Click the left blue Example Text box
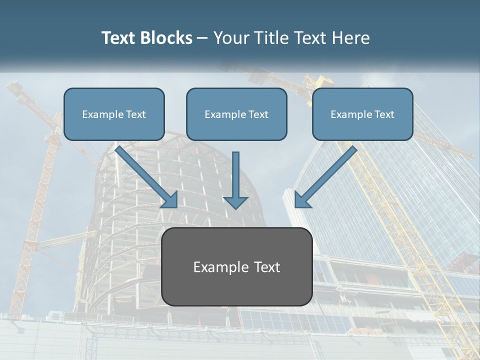tap(114, 114)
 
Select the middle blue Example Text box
tap(236, 114)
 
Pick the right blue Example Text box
tap(362, 114)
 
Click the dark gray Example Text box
tap(236, 267)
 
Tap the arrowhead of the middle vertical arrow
tap(236, 202)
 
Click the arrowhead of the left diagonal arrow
tap(171, 200)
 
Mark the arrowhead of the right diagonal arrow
tap(301, 200)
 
